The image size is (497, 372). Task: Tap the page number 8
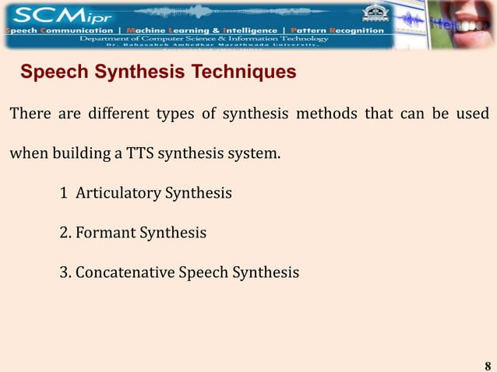point(488,366)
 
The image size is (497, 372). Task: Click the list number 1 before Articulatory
point(63,191)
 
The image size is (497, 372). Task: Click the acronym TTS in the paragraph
point(141,151)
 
